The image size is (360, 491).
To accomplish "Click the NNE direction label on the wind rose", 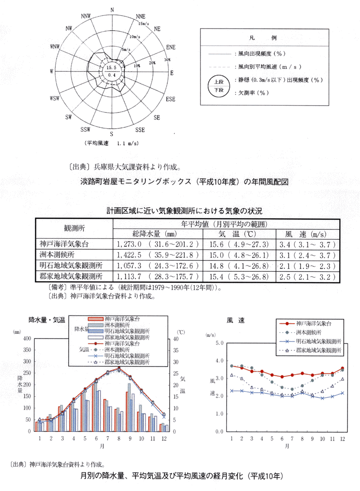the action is point(140,16).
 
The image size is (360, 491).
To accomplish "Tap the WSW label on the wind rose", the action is point(54,98).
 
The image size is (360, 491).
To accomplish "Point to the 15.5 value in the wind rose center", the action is point(111,68).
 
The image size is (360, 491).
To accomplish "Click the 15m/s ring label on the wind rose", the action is point(144,23).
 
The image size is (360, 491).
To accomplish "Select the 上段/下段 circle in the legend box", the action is point(219,86).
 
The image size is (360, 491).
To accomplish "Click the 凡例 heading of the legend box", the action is point(263,38).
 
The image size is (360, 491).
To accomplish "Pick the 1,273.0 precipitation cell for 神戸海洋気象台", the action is point(129,244).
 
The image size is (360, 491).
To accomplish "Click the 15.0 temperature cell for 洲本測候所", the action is point(216,255).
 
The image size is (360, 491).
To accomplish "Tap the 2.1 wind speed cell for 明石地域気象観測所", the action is point(284,266).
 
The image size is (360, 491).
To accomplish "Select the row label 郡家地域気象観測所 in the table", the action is point(71,276).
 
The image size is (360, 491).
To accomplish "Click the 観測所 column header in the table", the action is point(74,228).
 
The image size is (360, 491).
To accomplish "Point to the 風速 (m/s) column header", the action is point(306,234).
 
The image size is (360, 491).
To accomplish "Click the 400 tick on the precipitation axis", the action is point(27,338).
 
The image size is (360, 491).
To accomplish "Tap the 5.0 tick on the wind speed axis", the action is point(220,343).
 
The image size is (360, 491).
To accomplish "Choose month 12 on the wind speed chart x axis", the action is point(342,439).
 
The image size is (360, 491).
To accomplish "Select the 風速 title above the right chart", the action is point(235,320).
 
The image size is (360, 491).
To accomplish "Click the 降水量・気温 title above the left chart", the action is point(47,320).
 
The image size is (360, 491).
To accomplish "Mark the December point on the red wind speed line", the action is point(342,368).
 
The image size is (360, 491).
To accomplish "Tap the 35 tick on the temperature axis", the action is point(176,351).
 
